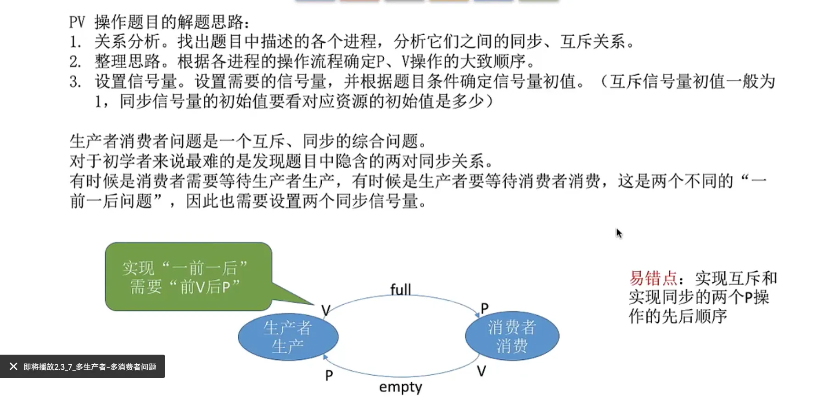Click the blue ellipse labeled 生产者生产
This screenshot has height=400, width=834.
(x=288, y=337)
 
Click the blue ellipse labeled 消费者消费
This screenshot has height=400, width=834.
(x=512, y=336)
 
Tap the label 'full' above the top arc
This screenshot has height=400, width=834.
(x=400, y=290)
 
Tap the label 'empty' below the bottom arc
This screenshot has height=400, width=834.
(x=400, y=387)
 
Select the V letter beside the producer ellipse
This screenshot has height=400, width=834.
(x=325, y=311)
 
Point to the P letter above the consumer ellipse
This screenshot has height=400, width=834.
(x=484, y=308)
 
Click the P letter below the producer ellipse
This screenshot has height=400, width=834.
(x=329, y=376)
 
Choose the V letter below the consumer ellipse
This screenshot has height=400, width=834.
(x=481, y=371)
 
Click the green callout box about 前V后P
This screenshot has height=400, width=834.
(x=188, y=277)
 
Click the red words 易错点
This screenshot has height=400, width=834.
(x=653, y=278)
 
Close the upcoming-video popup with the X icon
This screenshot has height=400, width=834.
(x=13, y=367)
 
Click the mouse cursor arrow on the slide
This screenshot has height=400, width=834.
(x=619, y=233)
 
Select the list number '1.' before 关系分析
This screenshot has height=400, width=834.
(x=75, y=42)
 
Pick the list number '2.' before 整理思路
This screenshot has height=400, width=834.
(x=75, y=62)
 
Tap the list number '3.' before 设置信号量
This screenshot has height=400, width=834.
(x=75, y=82)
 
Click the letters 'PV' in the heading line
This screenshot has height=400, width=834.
(x=77, y=22)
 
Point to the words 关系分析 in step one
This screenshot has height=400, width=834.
(x=127, y=42)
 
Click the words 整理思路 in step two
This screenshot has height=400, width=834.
(x=127, y=62)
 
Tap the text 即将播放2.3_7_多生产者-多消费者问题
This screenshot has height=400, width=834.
(x=90, y=367)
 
